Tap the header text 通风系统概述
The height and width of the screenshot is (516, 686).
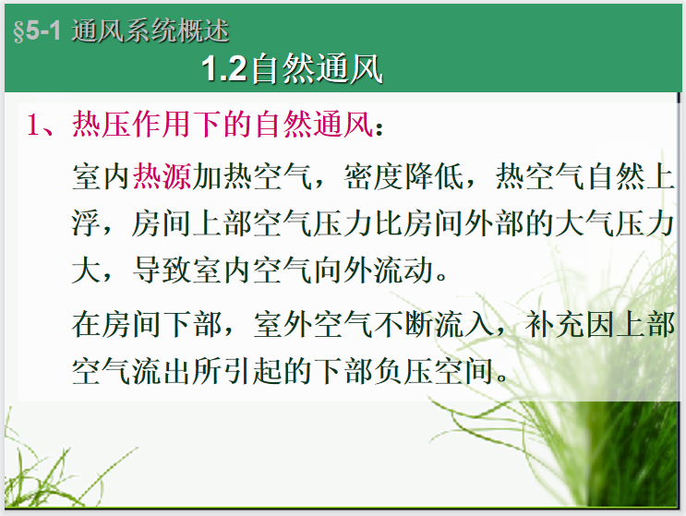(150, 31)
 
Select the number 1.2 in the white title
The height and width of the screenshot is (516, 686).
(224, 69)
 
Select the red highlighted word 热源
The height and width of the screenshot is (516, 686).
(162, 176)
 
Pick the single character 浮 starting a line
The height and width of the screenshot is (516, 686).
(87, 224)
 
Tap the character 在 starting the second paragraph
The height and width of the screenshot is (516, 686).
(87, 324)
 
